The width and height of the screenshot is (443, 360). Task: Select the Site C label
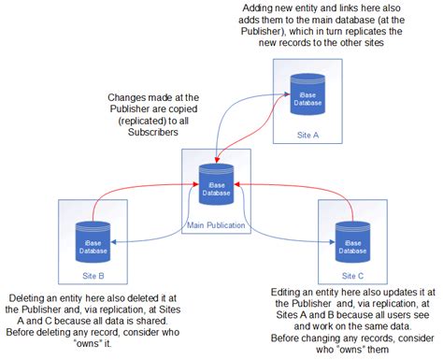pyautogui.click(x=352, y=276)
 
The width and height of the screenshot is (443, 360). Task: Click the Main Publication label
pyautogui.click(x=217, y=225)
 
